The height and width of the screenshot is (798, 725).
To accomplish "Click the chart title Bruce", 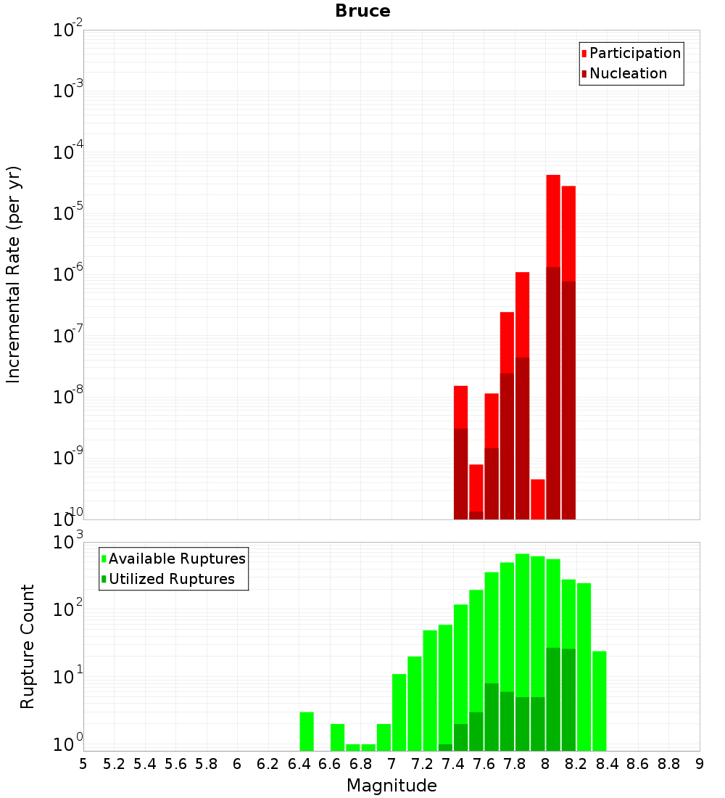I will pos(362,12).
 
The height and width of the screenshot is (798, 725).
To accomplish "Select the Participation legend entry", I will pos(634,53).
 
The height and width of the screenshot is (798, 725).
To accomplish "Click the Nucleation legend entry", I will pos(627,73).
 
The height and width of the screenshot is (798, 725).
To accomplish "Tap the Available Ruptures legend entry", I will pos(176,559).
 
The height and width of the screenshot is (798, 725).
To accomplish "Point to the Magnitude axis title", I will pos(391,785).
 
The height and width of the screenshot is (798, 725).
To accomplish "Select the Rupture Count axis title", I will pos(28,646).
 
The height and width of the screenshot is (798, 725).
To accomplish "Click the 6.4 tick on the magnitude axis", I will pos(299,763).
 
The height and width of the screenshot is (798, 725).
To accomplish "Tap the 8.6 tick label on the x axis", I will pos(638,763).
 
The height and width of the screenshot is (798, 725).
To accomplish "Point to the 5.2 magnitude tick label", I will pos(115,763).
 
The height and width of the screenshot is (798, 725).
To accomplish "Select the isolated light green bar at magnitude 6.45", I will pos(307,731).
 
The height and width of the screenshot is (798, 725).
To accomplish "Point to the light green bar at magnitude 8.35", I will pos(599,701).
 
